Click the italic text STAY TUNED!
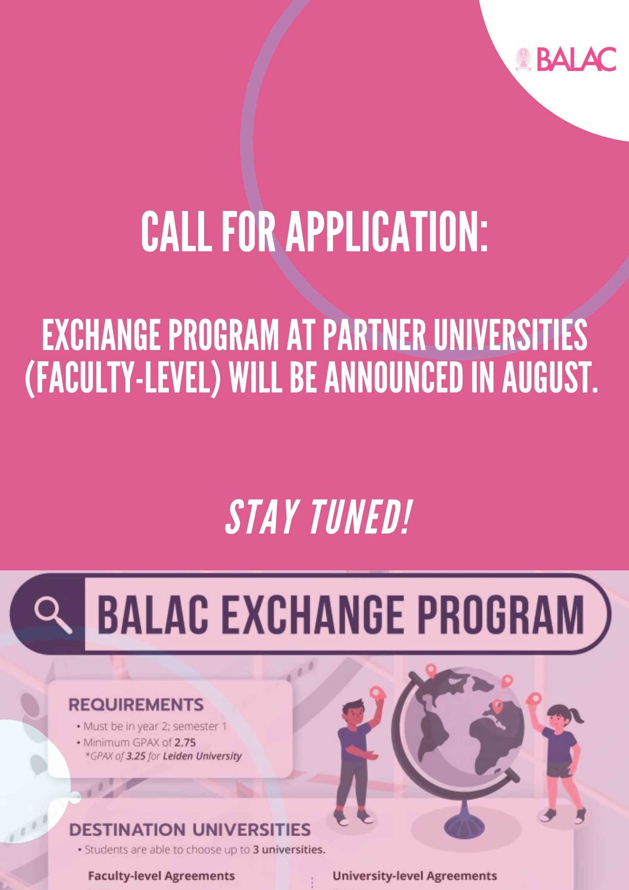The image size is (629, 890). tap(317, 518)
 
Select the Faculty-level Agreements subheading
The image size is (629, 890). tap(161, 876)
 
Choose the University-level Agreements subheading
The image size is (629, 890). tap(415, 876)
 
